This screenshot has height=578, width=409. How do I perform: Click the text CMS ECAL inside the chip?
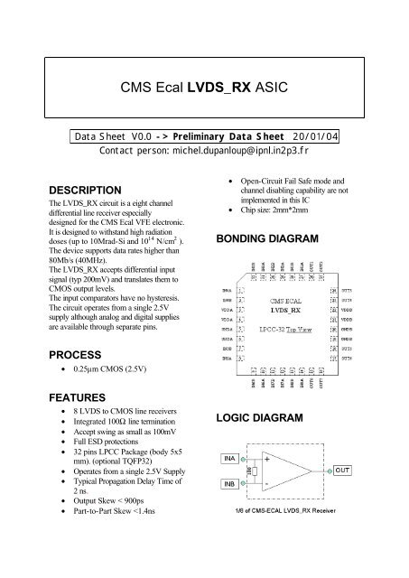[x=284, y=295]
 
